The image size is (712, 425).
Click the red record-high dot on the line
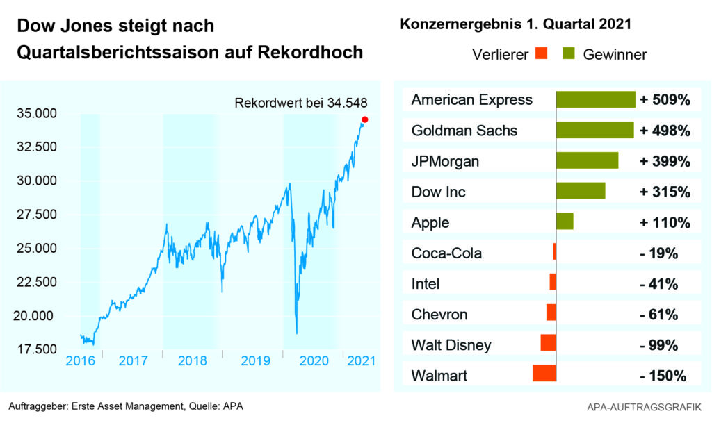pyautogui.click(x=365, y=119)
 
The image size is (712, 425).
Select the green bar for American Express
pyautogui.click(x=595, y=99)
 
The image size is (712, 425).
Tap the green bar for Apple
pyautogui.click(x=565, y=222)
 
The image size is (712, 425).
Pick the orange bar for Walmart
pyautogui.click(x=544, y=374)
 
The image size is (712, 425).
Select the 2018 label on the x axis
pyautogui.click(x=193, y=361)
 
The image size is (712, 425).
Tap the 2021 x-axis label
pyautogui.click(x=360, y=361)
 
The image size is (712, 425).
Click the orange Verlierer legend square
pyautogui.click(x=543, y=53)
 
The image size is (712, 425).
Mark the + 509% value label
pyautogui.click(x=665, y=100)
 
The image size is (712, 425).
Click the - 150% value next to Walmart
pyautogui.click(x=663, y=376)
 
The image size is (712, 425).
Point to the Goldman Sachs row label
pyautogui.click(x=464, y=131)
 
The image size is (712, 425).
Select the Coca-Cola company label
pyautogui.click(x=446, y=253)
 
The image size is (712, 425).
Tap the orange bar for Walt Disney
pyautogui.click(x=548, y=343)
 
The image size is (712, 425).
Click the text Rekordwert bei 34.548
pyautogui.click(x=300, y=104)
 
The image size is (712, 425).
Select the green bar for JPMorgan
pyautogui.click(x=587, y=160)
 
